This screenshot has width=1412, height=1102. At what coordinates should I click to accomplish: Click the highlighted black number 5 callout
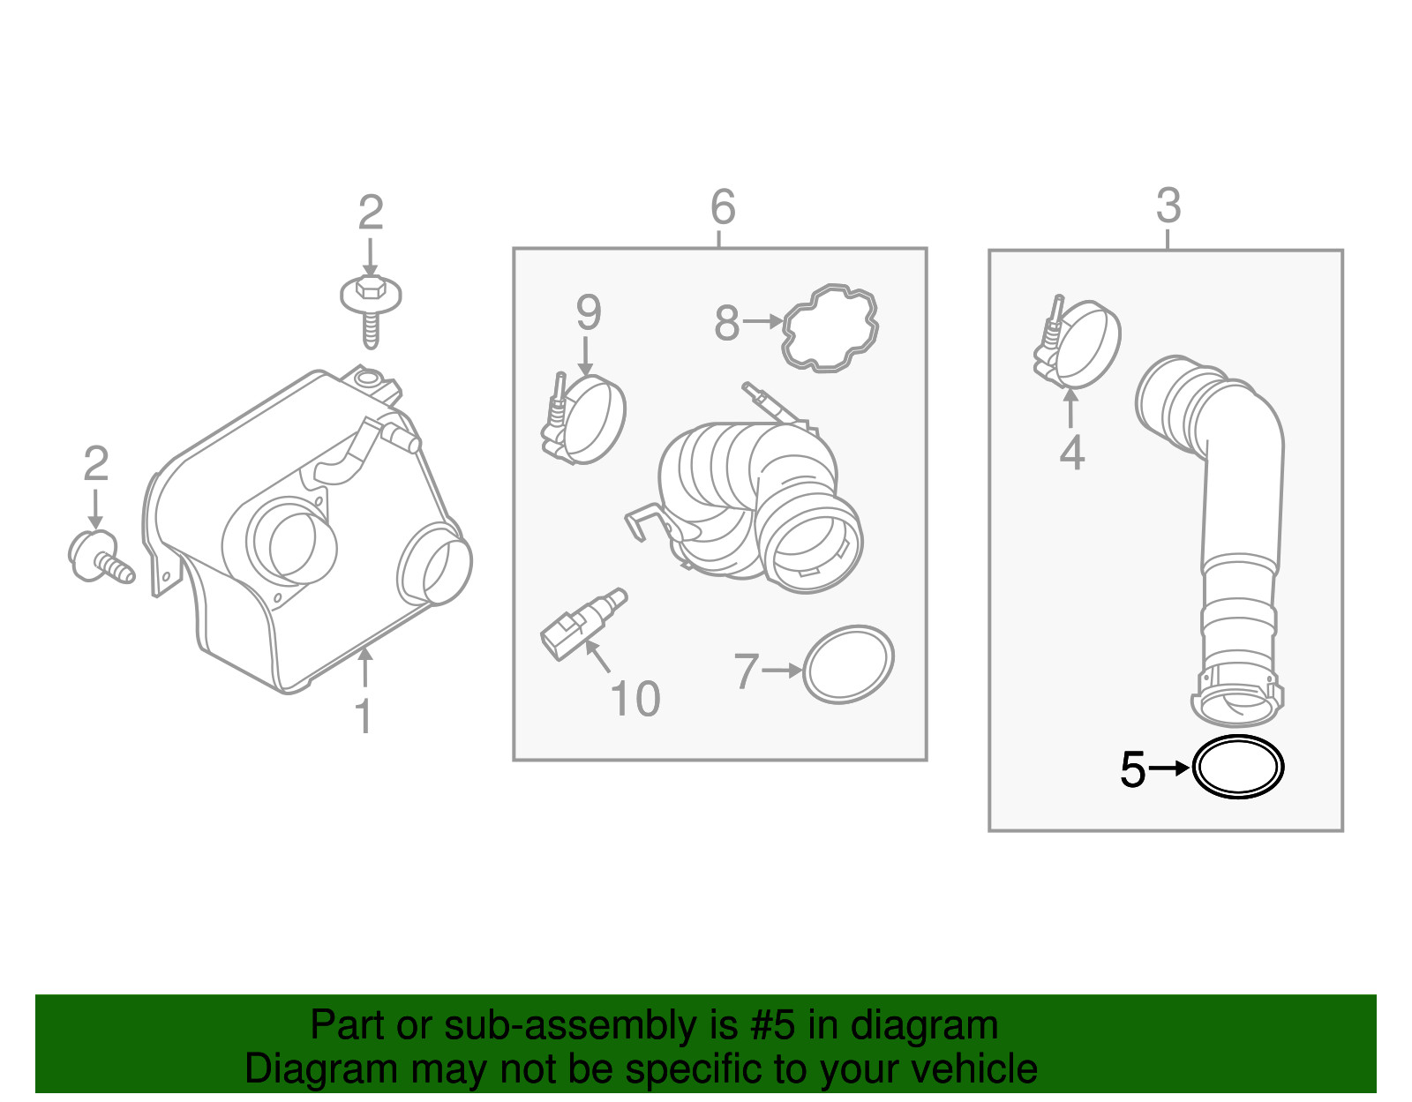pyautogui.click(x=1132, y=769)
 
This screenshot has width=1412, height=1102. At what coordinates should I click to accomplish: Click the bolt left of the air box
pyautogui.click(x=98, y=558)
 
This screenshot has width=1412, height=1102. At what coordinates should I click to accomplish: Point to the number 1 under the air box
pyautogui.click(x=363, y=716)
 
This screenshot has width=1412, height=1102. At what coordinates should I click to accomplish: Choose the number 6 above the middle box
pyautogui.click(x=722, y=208)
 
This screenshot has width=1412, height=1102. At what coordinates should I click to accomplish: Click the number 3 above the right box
pyautogui.click(x=1168, y=206)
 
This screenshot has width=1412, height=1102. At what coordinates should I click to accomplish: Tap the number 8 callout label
pyautogui.click(x=726, y=323)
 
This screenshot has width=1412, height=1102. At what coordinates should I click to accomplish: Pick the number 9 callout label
pyautogui.click(x=589, y=313)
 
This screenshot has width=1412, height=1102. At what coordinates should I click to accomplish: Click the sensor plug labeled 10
pyautogui.click(x=578, y=625)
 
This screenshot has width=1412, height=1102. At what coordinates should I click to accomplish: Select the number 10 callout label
pyautogui.click(x=635, y=700)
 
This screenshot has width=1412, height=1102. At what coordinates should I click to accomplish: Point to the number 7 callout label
pyautogui.click(x=746, y=671)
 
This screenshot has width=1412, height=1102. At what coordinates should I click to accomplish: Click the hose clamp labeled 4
pyautogui.click(x=1078, y=345)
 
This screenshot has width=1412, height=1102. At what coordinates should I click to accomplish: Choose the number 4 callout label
pyautogui.click(x=1071, y=454)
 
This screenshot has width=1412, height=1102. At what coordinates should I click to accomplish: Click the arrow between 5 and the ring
pyautogui.click(x=1169, y=768)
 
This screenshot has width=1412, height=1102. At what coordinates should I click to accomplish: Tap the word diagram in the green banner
pyautogui.click(x=924, y=1026)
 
